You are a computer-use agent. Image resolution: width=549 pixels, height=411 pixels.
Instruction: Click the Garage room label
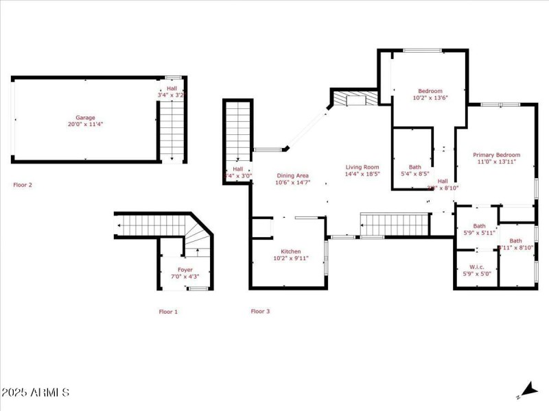(86, 118)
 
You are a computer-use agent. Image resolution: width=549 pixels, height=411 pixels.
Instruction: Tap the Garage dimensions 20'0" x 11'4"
(86, 125)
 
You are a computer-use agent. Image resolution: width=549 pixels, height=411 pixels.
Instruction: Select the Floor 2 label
(23, 185)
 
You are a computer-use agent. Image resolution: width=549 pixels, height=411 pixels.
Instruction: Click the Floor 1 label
(168, 312)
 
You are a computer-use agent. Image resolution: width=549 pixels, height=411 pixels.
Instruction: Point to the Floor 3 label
(260, 312)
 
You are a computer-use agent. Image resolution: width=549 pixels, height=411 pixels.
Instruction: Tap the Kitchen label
(291, 251)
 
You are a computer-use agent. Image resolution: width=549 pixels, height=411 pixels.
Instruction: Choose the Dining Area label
(293, 176)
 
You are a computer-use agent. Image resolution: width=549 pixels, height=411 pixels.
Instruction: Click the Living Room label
(362, 166)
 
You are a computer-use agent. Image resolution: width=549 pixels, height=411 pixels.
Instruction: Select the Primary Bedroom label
(497, 155)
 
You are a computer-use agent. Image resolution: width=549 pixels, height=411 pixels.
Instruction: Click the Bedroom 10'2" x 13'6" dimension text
(430, 98)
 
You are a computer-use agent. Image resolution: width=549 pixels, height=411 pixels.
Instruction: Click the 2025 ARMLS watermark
(35, 393)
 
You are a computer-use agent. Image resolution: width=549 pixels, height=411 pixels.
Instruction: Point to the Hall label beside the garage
(172, 89)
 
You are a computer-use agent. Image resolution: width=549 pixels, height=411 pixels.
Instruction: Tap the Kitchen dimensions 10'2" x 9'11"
(291, 258)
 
